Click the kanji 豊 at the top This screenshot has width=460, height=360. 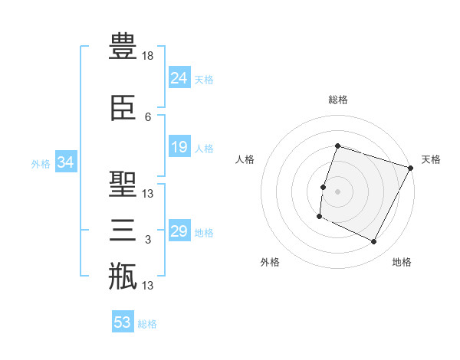coord(123,46)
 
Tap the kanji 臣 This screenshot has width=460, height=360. coord(123,108)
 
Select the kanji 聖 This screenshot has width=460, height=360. coord(123,184)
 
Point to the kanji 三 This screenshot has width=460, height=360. coord(123,230)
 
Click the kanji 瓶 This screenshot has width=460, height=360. coord(123,276)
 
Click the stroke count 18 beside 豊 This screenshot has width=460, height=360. coord(147,56)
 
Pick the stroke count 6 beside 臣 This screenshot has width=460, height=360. coord(148,117)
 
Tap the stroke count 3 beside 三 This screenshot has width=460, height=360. coord(148,240)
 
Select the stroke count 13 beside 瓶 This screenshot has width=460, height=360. coord(147,286)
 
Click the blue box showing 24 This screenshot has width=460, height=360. coord(179,77)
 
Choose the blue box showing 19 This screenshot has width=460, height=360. coord(179,146)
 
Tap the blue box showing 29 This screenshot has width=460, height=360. coord(179,230)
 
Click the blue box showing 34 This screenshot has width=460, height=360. coord(66,162)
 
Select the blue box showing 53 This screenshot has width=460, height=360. coord(123,321)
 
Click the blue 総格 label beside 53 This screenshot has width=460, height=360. coord(147,324)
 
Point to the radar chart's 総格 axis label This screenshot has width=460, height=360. coord(338,100)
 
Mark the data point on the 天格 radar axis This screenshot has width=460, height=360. coord(411,168)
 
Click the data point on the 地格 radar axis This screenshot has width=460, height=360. coord(374,242)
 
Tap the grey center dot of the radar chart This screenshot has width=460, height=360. coord(337,191)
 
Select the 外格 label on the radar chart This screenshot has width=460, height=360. coord(270,262)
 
